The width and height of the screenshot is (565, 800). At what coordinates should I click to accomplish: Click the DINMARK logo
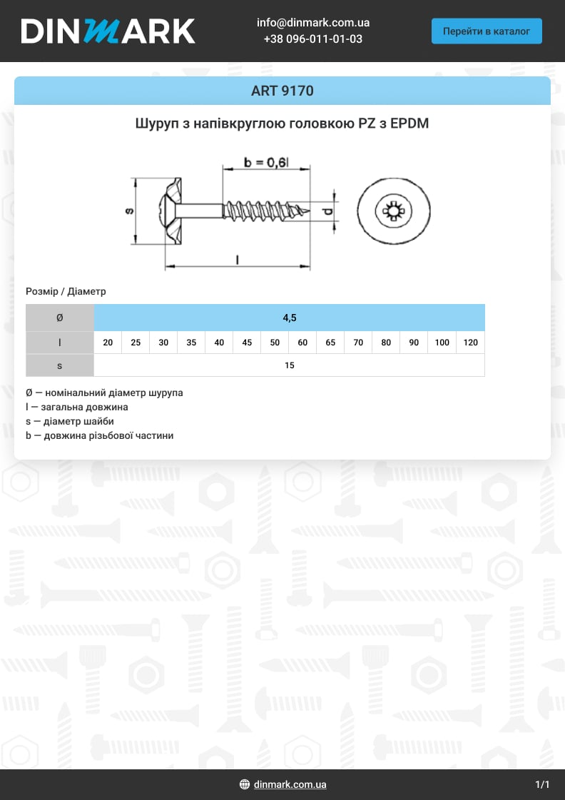(108, 31)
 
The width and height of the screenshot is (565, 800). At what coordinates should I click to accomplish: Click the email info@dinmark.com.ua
(312, 23)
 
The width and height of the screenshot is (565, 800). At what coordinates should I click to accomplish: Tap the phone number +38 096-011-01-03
(312, 39)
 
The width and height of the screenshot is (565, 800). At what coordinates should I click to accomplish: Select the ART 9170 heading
(282, 91)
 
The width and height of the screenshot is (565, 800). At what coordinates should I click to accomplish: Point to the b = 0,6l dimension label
(266, 162)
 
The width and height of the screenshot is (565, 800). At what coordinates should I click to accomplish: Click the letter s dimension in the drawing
(129, 211)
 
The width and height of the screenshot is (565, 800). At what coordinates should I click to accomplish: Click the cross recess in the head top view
(392, 211)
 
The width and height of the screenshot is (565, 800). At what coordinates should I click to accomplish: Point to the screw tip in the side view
(308, 211)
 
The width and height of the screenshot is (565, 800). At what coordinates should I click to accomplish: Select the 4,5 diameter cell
(289, 318)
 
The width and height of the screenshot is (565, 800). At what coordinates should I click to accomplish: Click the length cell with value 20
(108, 343)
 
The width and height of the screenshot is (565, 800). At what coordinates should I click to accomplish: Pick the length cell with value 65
(330, 343)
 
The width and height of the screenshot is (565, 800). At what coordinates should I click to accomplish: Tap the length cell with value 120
(470, 343)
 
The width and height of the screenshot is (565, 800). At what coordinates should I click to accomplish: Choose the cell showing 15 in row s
(289, 365)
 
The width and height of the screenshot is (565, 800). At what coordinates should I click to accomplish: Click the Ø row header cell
(60, 318)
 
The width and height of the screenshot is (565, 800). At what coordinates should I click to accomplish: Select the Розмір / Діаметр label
(66, 291)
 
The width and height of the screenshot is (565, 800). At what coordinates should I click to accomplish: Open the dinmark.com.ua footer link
(290, 784)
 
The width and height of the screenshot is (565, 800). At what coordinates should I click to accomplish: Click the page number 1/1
(542, 784)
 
